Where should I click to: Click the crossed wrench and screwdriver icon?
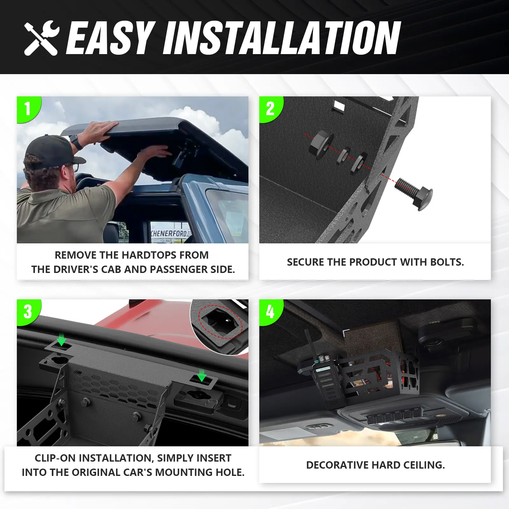pos(42,38)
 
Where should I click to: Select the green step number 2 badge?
pos(271,109)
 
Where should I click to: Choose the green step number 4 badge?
pos(271,312)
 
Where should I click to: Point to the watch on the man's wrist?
pos(75,142)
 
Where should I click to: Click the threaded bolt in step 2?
pos(414,193)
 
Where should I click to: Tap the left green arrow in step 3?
pos(61,339)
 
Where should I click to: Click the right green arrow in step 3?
pos(202,375)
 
